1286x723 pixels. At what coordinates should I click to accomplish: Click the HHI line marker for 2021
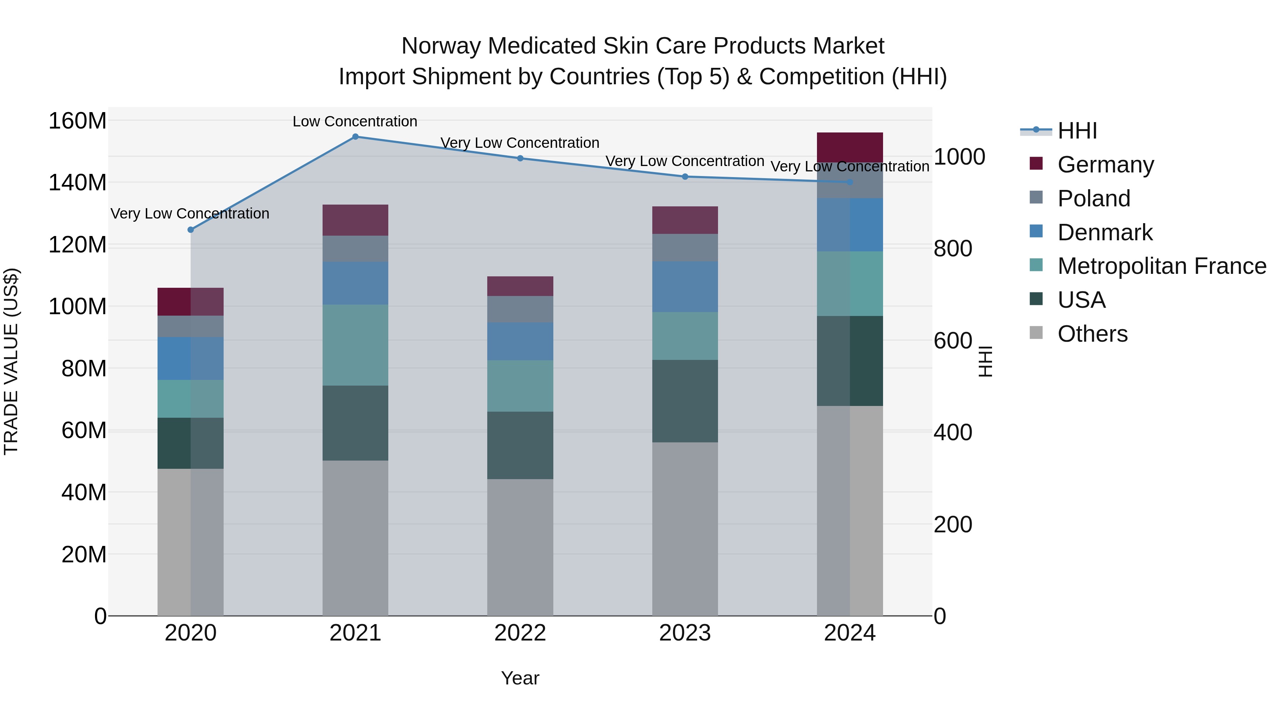[355, 137]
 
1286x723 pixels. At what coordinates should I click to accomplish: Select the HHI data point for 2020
[191, 230]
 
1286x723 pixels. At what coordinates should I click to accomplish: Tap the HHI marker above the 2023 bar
[685, 177]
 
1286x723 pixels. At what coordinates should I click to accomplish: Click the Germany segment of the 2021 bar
[355, 220]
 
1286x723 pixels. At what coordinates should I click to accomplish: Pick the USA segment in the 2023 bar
[685, 401]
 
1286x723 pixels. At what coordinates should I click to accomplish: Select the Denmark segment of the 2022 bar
[520, 341]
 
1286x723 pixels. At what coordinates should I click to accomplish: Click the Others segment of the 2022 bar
[520, 547]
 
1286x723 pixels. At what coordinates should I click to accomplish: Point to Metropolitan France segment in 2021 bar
[355, 345]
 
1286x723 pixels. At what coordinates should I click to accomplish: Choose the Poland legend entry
[1093, 199]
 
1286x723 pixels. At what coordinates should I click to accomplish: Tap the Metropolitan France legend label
[1162, 266]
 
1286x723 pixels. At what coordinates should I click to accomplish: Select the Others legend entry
[1092, 334]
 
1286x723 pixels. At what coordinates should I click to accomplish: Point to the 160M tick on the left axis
[78, 121]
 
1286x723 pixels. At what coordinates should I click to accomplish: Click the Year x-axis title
[520, 678]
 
